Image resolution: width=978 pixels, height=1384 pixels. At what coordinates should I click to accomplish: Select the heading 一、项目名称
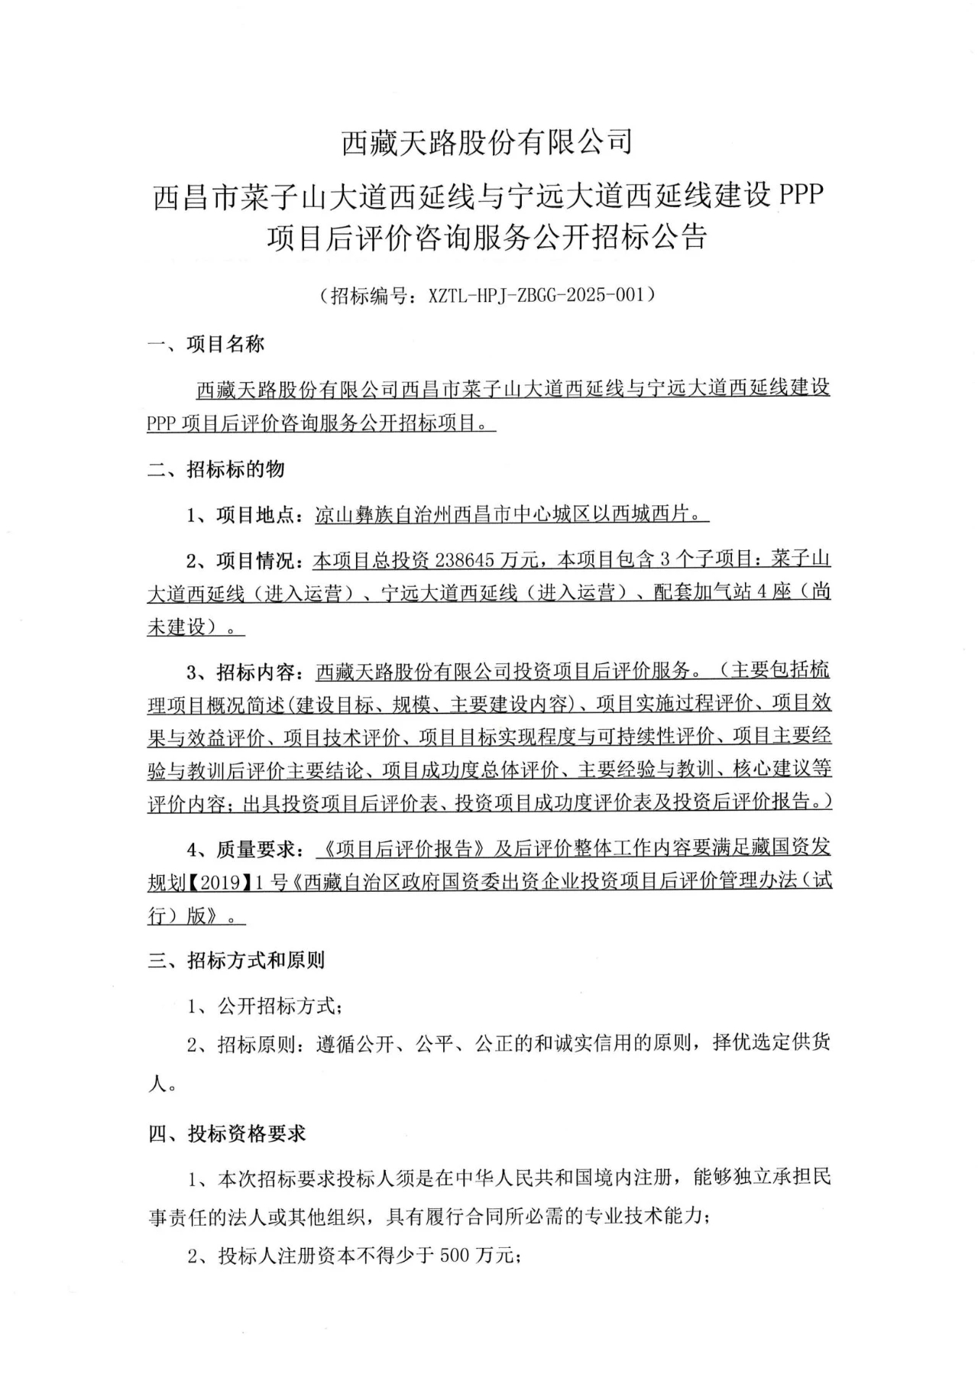tap(206, 345)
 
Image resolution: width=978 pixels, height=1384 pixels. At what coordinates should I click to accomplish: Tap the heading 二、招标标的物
tap(215, 470)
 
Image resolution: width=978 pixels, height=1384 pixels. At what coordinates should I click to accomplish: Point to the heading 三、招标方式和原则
tap(236, 961)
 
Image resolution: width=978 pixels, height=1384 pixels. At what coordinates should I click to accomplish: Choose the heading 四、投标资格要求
tap(226, 1134)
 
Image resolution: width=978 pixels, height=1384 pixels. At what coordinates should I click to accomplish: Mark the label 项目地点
tap(255, 516)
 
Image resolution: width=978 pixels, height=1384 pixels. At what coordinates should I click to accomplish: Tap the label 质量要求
tap(255, 849)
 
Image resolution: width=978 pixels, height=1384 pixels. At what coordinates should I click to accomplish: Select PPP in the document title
tap(800, 196)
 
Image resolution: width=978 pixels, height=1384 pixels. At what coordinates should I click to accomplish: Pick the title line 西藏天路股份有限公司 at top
tap(487, 142)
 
